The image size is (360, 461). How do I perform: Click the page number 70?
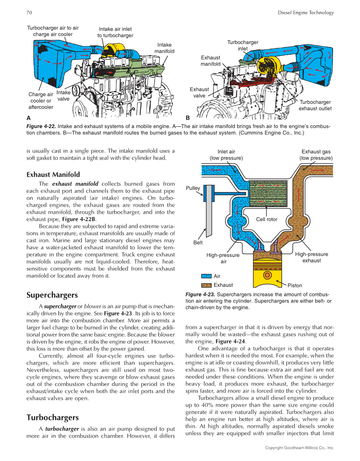[29, 13]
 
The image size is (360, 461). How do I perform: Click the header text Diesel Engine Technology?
[305, 13]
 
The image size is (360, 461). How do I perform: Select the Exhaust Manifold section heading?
[53, 174]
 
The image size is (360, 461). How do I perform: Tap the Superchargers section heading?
[52, 295]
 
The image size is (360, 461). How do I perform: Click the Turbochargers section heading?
[53, 417]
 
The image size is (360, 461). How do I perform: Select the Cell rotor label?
[267, 219]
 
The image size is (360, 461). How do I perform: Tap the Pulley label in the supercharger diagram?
[193, 188]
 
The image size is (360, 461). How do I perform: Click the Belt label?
[198, 243]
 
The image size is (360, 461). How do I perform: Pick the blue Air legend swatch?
[206, 276]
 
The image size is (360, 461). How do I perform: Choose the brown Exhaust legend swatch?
[206, 285]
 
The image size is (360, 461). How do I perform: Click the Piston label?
[295, 285]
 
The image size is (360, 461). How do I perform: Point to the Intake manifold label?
[164, 48]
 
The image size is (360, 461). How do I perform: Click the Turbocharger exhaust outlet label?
[315, 105]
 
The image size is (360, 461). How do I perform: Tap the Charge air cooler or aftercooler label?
[41, 101]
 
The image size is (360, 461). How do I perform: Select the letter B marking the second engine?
[188, 117]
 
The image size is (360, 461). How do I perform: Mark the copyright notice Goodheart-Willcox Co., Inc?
[299, 448]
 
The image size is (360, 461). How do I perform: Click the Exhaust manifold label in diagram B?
[210, 61]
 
